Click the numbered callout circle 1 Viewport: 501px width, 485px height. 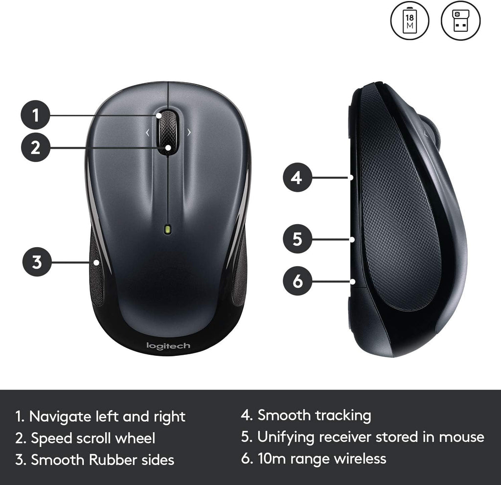pos(35,115)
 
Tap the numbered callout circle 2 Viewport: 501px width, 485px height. pos(35,147)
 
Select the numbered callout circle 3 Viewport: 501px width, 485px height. pos(37,262)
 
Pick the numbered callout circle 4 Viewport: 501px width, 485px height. pos(297,178)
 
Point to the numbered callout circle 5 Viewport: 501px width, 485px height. pos(297,239)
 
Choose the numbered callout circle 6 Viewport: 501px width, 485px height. pos(297,281)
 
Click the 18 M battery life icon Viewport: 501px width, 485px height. pos(410,21)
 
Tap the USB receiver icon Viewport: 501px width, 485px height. pos(460,21)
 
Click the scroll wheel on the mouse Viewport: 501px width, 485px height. pos(167,133)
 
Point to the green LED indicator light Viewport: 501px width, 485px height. pos(168,229)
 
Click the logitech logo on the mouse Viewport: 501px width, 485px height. pos(168,346)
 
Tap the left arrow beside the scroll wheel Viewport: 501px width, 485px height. pos(147,132)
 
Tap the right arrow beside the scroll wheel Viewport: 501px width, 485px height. pos(189,132)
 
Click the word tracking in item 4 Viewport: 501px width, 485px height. pos(343,416)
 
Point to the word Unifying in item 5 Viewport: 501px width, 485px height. pos(286,438)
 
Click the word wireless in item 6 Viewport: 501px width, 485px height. pos(360,459)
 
